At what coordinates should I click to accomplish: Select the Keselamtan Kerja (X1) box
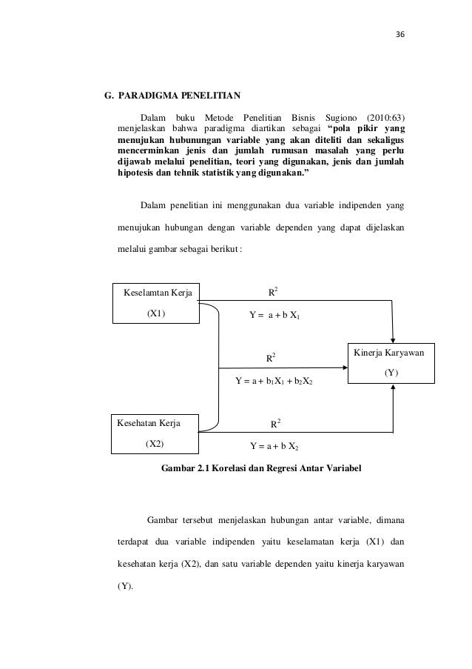tap(156, 302)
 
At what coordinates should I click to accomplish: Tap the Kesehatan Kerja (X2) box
tap(155, 433)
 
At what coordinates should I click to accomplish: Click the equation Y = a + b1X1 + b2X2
tap(274, 382)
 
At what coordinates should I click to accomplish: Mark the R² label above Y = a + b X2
tap(274, 424)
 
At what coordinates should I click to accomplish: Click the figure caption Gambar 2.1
tap(261, 468)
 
